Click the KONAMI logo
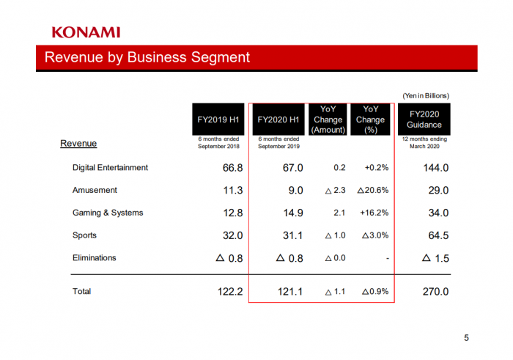pyautogui.click(x=86, y=32)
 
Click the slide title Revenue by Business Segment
pyautogui.click(x=147, y=57)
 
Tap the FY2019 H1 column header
pyautogui.click(x=218, y=120)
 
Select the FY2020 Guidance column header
pyautogui.click(x=425, y=120)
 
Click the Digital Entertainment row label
pyautogui.click(x=110, y=168)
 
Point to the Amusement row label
pyautogui.click(x=95, y=191)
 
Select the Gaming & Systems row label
pyautogui.click(x=108, y=213)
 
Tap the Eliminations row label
pyautogui.click(x=95, y=258)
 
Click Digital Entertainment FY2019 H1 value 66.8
pyautogui.click(x=232, y=168)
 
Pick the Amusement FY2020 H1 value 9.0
pyautogui.click(x=295, y=191)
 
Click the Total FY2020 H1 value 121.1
pyautogui.click(x=291, y=292)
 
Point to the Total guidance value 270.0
pyautogui.click(x=435, y=292)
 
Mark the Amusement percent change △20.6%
pyautogui.click(x=372, y=191)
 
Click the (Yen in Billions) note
pyautogui.click(x=425, y=96)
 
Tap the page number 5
pyautogui.click(x=466, y=338)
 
